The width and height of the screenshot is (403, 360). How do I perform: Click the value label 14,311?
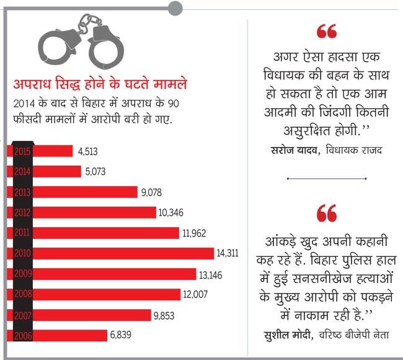click(x=229, y=253)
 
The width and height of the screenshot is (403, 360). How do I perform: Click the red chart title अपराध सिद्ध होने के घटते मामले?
click(x=101, y=84)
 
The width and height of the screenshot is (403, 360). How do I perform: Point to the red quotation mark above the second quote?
click(x=326, y=214)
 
